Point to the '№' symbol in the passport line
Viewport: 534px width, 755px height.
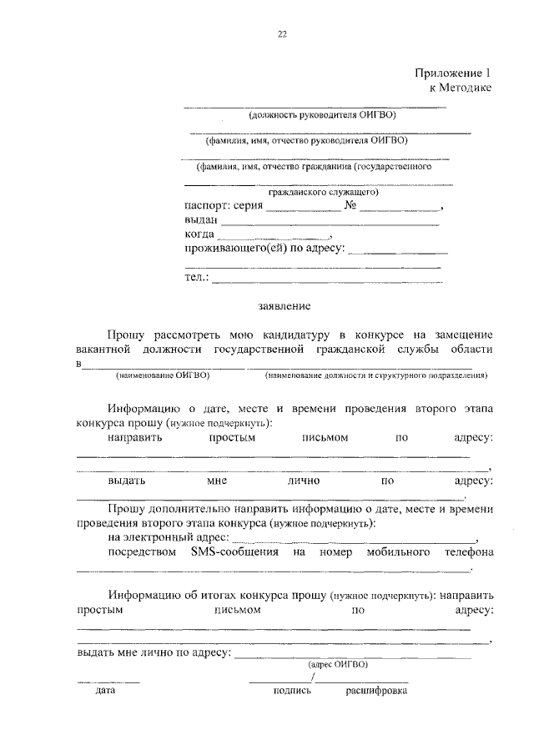point(350,205)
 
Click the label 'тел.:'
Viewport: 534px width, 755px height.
point(197,277)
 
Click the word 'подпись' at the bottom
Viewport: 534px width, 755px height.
point(292,691)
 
